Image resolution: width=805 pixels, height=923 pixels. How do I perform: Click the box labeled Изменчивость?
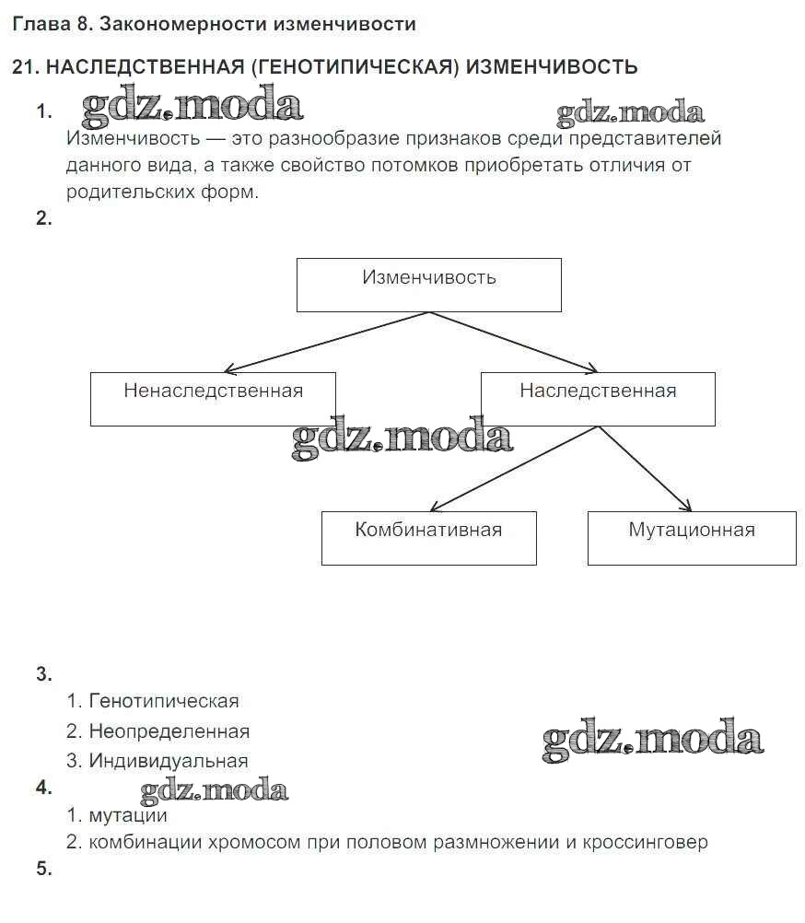[428, 285]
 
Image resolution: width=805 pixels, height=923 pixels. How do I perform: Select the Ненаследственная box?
[213, 399]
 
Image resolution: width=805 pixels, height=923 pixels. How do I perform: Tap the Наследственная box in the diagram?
[598, 399]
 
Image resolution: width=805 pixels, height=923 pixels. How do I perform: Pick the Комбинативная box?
[428, 538]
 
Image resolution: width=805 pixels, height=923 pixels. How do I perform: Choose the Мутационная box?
[692, 538]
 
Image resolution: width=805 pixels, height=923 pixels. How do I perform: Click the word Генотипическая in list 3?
[164, 701]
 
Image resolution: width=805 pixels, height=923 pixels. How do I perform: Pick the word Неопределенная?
[169, 731]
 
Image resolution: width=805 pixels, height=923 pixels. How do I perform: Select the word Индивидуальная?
[169, 761]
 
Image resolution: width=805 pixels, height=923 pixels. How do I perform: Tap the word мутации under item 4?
[129, 815]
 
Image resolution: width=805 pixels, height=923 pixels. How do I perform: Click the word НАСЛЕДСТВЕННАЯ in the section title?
[143, 66]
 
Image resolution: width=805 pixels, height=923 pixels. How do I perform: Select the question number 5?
[44, 869]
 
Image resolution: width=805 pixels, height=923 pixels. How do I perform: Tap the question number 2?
[44, 219]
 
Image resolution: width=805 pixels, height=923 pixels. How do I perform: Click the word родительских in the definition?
[125, 193]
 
